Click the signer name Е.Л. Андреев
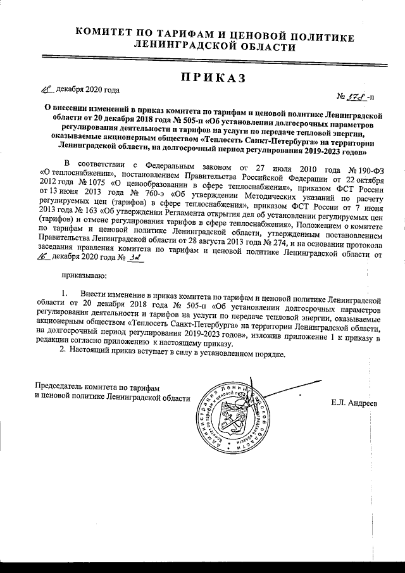point(354,403)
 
